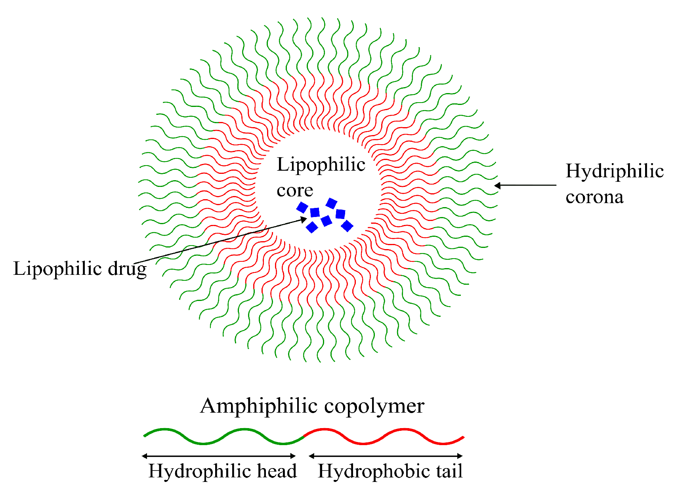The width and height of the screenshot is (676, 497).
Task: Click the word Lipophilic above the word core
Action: (321, 164)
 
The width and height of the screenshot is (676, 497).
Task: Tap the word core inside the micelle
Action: (295, 190)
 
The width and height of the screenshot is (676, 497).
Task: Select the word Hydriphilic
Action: (614, 171)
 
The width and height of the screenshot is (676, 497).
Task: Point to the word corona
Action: (594, 197)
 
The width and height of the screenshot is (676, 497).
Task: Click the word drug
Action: (127, 269)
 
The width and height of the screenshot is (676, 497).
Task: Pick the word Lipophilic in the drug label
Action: (57, 268)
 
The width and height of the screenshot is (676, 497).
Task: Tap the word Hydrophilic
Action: (200, 471)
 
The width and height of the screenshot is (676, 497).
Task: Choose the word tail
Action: (449, 471)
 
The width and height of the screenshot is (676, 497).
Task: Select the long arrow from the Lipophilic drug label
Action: (218, 241)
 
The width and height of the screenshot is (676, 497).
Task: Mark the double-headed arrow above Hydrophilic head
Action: (219, 456)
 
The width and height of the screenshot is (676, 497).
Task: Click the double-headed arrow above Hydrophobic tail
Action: (386, 456)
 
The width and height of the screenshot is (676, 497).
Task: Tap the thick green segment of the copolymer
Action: (224, 436)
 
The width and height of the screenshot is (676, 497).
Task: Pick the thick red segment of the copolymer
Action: (384, 436)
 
